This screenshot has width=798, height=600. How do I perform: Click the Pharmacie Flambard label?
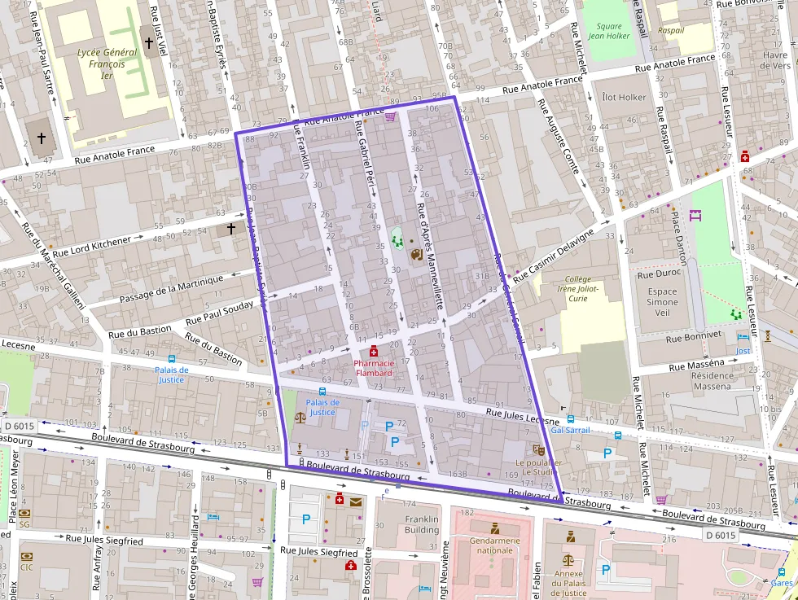pos(373,368)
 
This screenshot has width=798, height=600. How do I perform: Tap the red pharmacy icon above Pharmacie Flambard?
pos(373,352)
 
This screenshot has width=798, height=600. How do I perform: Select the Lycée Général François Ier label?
pos(95,64)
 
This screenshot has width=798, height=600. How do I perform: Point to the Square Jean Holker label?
pos(608,31)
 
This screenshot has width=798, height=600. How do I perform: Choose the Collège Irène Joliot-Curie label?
pos(577,288)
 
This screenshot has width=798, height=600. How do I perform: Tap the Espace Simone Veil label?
pos(662,302)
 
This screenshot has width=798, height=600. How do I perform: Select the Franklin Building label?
pos(421,523)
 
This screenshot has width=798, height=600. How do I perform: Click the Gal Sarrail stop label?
pos(570,430)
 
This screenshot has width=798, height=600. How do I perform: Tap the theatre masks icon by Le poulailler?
pos(537,449)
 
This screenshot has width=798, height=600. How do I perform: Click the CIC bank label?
pos(27,567)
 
